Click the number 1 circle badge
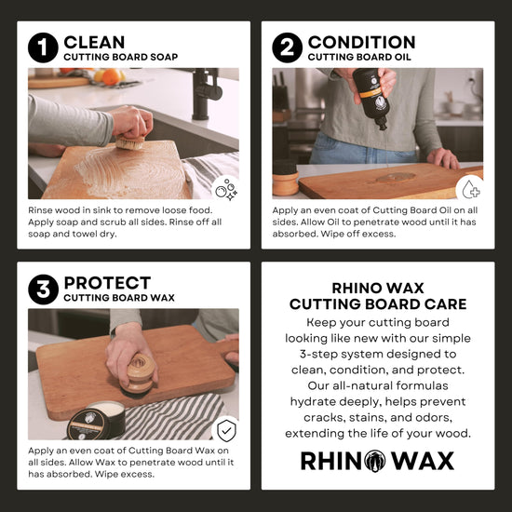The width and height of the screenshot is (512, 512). coord(43,47)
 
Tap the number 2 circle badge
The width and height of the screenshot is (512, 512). coord(288,47)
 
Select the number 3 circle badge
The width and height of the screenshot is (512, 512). coord(43,290)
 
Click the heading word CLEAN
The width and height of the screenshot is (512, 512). coord(94,43)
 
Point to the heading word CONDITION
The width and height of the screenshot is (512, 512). coord(362,43)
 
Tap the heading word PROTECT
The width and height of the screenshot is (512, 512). coord(107,283)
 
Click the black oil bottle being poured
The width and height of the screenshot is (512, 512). coord(371,98)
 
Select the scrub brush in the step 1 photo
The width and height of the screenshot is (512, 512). coord(130,142)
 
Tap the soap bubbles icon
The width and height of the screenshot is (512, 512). coord(226,189)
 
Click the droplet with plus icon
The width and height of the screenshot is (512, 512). coord(471,189)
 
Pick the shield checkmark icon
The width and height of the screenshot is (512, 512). coord(226,430)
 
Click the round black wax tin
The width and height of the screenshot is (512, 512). coord(96,420)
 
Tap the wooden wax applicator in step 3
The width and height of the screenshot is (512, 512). coord(138,374)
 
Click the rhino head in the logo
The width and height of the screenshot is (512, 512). coord(375,461)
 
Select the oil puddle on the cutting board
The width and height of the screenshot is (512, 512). coord(396,177)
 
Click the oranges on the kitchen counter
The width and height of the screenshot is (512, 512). coord(111,76)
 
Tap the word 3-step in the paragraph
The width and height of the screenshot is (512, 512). coord(320,355)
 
